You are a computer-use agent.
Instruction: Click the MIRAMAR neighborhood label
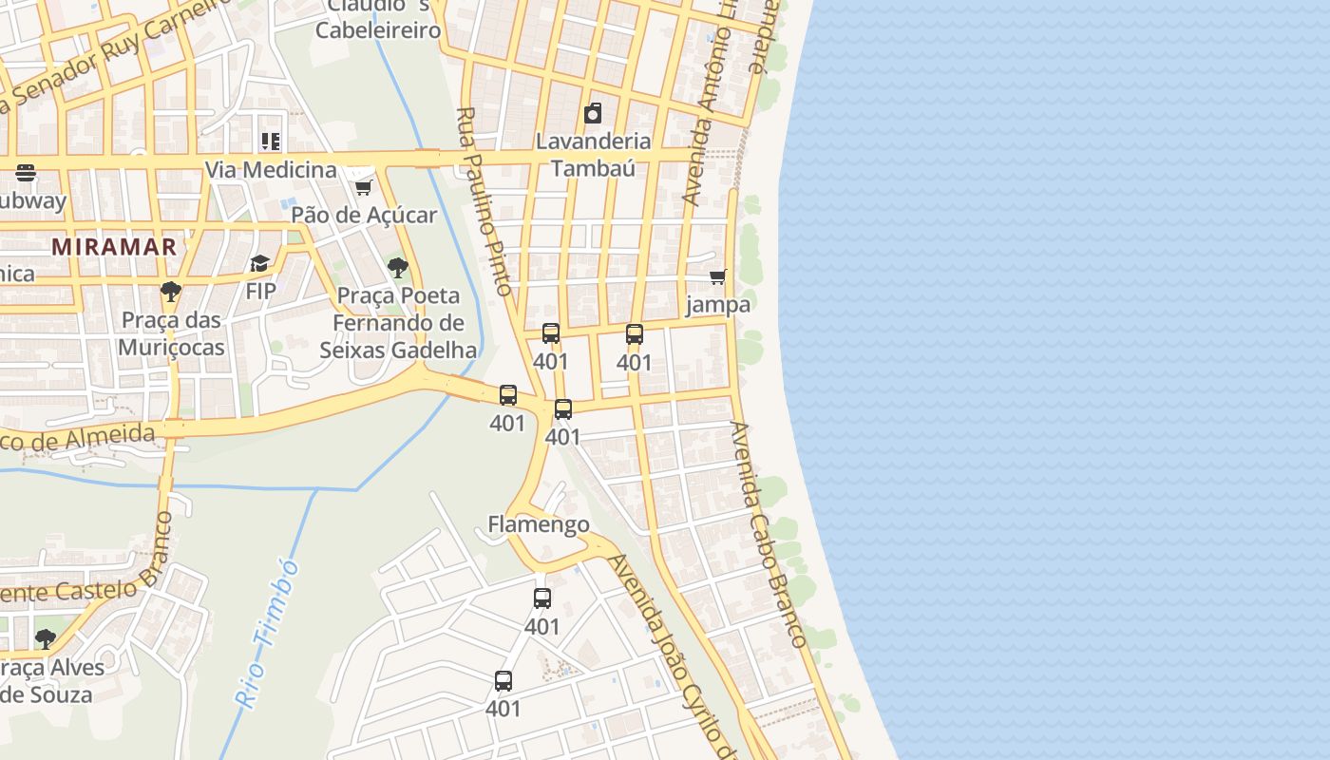(x=114, y=247)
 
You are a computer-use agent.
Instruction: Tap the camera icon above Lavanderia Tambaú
(x=593, y=114)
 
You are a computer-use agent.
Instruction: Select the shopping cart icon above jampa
(x=718, y=277)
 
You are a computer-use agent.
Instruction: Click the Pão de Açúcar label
(x=364, y=215)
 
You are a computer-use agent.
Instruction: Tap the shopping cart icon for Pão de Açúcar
(x=363, y=187)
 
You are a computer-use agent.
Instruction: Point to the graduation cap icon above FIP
(x=260, y=263)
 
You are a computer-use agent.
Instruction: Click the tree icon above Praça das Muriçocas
(x=171, y=292)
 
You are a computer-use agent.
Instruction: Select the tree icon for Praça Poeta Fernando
(x=398, y=268)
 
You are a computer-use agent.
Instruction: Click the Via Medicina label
(x=271, y=170)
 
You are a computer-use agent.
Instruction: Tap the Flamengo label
(x=538, y=524)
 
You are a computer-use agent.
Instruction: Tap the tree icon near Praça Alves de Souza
(x=45, y=638)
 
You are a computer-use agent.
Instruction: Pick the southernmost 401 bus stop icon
(x=503, y=681)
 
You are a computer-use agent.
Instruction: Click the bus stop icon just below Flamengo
(x=542, y=598)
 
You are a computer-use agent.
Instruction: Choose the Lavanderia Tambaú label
(x=594, y=155)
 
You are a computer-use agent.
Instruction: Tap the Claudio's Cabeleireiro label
(x=378, y=19)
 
